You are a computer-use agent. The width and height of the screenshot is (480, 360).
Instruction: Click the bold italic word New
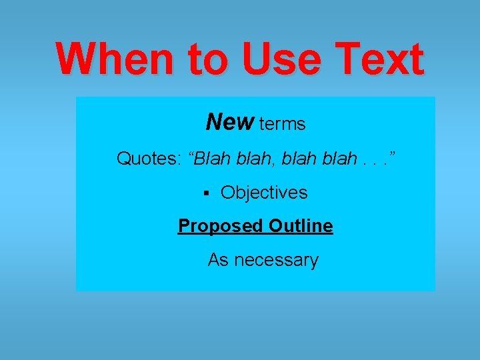tap(230, 122)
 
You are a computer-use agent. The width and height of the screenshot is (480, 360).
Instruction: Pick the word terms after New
tap(282, 123)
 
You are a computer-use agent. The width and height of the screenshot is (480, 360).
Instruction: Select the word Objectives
tap(264, 193)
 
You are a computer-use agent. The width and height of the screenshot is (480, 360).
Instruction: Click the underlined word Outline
tap(301, 225)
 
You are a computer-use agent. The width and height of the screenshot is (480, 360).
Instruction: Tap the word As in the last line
tap(219, 259)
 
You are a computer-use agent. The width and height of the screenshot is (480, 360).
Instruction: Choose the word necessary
tap(276, 260)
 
